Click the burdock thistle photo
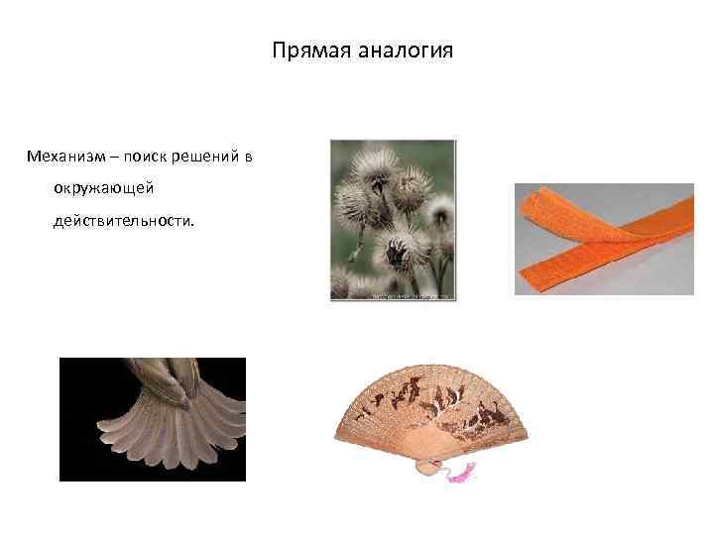click(x=393, y=219)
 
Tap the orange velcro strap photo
click(x=603, y=239)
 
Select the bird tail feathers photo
click(x=152, y=418)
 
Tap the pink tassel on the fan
click(x=461, y=476)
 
